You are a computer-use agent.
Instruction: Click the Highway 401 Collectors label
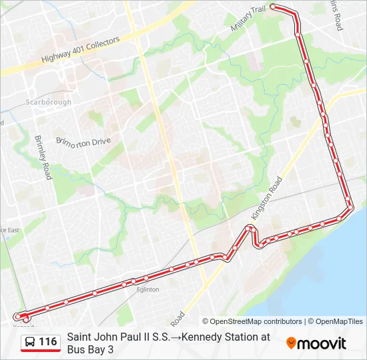(80, 49)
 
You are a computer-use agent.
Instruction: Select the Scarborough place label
(48, 102)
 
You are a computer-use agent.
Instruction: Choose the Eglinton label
(147, 289)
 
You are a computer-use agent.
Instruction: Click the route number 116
(48, 342)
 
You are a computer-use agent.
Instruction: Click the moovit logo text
(322, 343)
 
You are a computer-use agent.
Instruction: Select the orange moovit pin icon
(291, 343)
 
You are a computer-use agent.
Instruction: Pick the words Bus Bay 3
(90, 349)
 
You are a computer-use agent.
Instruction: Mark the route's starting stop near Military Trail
(273, 7)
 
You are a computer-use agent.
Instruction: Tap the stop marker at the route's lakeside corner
(348, 207)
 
